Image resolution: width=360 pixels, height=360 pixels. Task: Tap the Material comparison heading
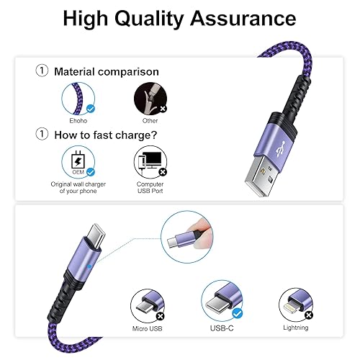coord(107,71)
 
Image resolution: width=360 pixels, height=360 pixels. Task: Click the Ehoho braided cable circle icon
coord(79,96)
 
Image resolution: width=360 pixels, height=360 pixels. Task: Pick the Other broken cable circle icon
coord(150,96)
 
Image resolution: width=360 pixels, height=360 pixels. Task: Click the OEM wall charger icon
coord(79,160)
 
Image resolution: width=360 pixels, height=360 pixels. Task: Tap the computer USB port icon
coord(150,160)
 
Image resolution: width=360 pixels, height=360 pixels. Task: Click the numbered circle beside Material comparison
coord(42,71)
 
